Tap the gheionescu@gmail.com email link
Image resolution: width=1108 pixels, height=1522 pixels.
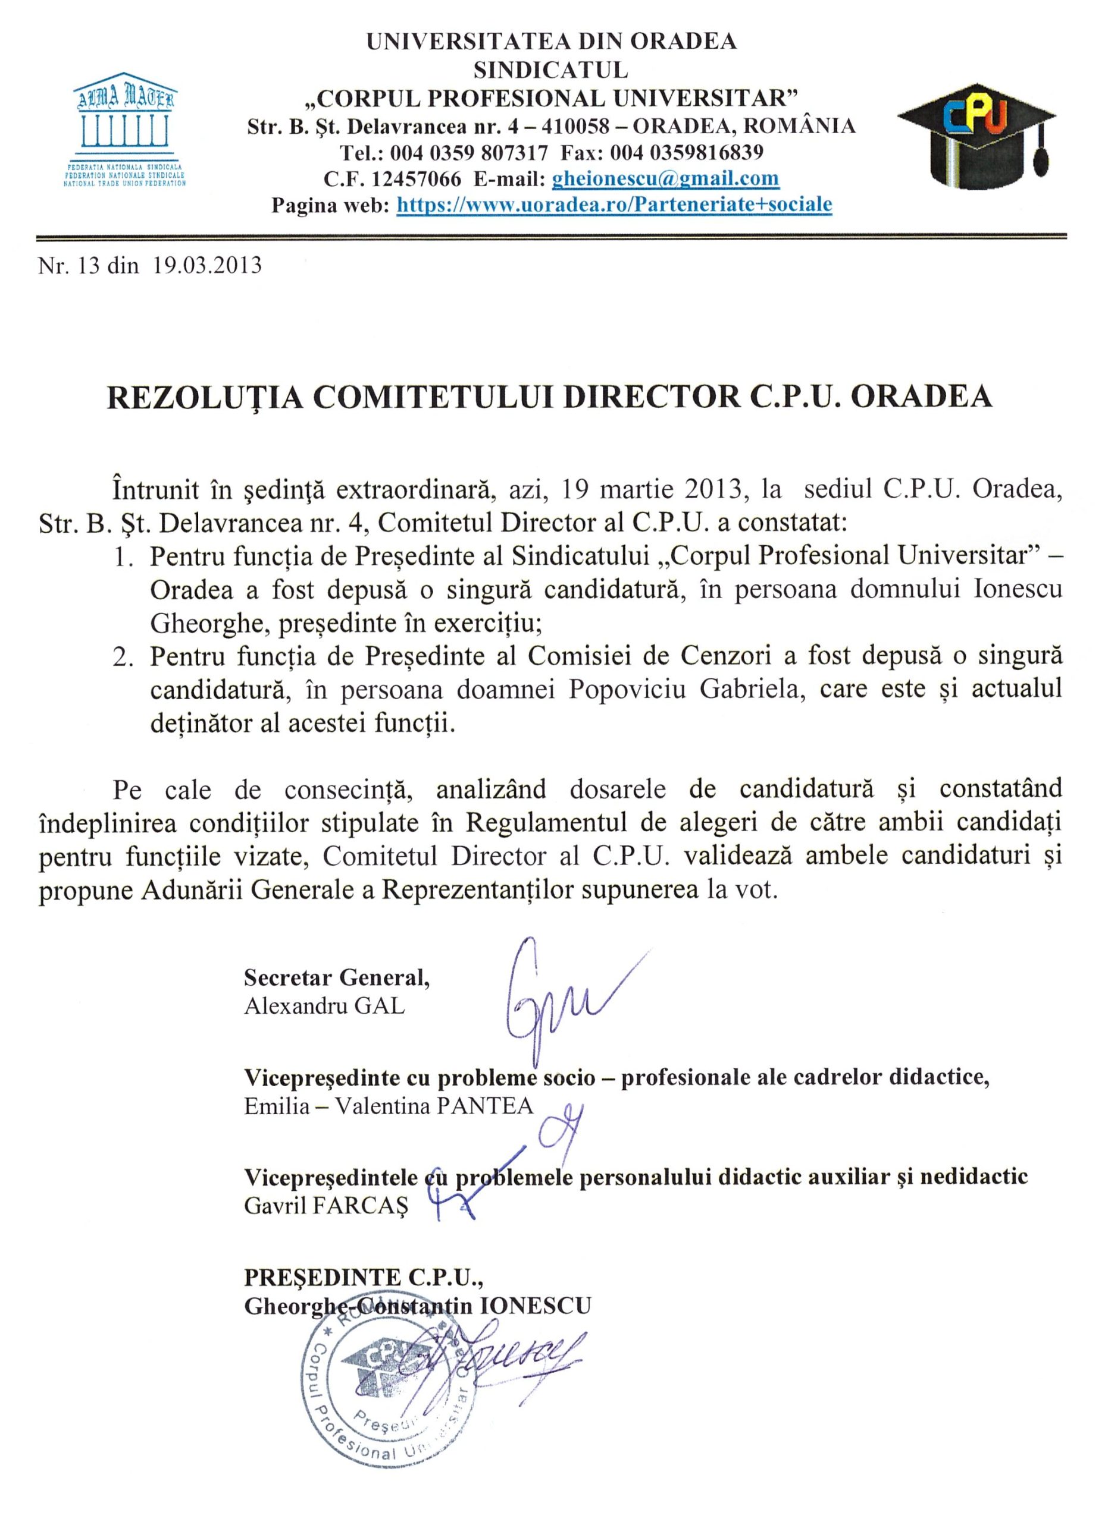[x=665, y=179]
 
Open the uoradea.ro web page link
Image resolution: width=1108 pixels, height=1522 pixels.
[x=615, y=205]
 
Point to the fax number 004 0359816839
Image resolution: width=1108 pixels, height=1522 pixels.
[x=686, y=153]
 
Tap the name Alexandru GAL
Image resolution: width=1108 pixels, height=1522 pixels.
[x=324, y=1007]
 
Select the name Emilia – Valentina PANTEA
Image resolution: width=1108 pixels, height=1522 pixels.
[x=389, y=1106]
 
